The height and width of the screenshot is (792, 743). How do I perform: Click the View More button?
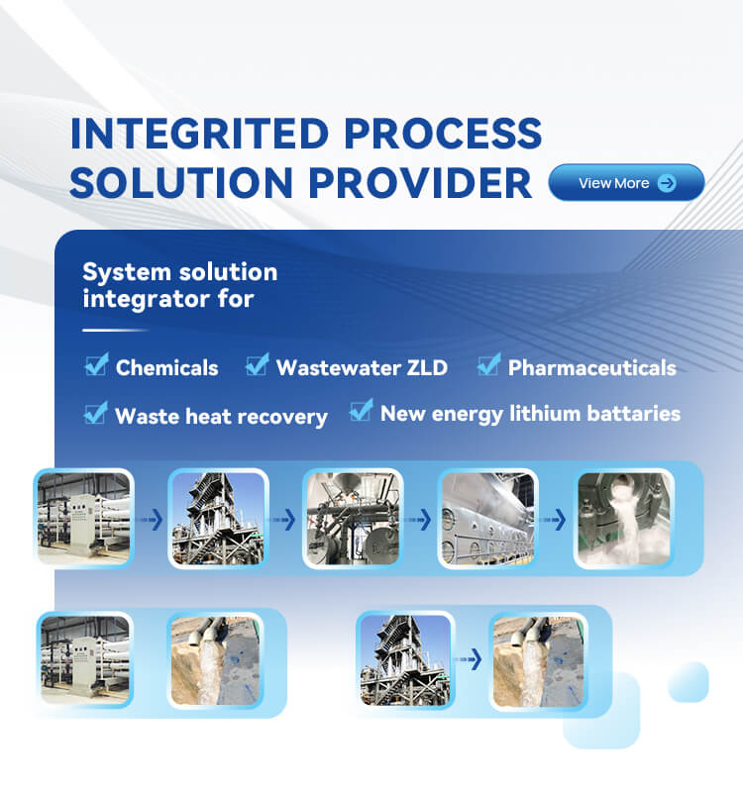[626, 182]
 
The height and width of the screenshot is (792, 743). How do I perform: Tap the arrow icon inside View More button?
[667, 183]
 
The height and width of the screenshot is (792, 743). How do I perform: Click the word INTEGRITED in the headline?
[200, 134]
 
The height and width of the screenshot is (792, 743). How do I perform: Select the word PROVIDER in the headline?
[420, 182]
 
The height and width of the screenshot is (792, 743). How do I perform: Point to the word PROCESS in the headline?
[443, 134]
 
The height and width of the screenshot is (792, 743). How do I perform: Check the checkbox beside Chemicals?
[96, 364]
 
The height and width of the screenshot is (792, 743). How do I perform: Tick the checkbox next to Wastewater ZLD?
[257, 364]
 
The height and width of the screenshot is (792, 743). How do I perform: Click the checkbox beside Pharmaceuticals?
[488, 364]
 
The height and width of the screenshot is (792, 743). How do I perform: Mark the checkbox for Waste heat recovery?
[96, 413]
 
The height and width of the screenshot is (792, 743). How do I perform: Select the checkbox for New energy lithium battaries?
[361, 410]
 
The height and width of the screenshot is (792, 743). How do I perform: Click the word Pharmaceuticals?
[592, 367]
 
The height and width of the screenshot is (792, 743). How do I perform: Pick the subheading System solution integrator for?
[180, 285]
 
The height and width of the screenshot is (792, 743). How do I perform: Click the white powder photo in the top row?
[624, 519]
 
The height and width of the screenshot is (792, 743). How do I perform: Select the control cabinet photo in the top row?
[84, 519]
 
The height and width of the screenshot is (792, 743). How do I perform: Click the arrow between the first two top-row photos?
[152, 519]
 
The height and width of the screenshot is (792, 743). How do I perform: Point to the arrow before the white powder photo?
[554, 519]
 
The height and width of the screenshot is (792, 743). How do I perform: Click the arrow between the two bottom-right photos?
[469, 659]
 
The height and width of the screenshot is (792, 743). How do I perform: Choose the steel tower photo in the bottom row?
[405, 659]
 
